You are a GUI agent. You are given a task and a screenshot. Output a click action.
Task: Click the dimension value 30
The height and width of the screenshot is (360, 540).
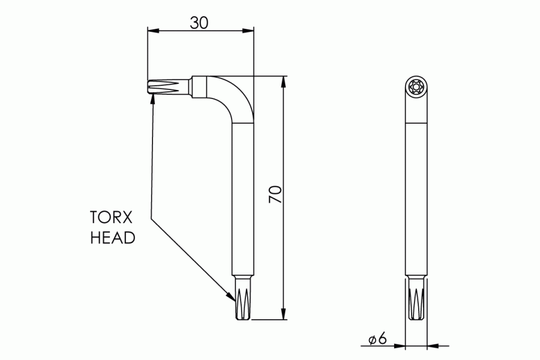(x=199, y=22)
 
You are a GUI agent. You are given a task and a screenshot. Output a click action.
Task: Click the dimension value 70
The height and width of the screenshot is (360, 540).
(x=275, y=194)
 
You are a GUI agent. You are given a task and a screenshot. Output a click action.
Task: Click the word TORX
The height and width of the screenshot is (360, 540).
(x=112, y=217)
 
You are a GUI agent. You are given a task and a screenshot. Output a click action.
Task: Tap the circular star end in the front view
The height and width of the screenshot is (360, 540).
(x=416, y=86)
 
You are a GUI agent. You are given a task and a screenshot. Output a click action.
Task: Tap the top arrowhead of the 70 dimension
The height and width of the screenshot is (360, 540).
(x=282, y=82)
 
